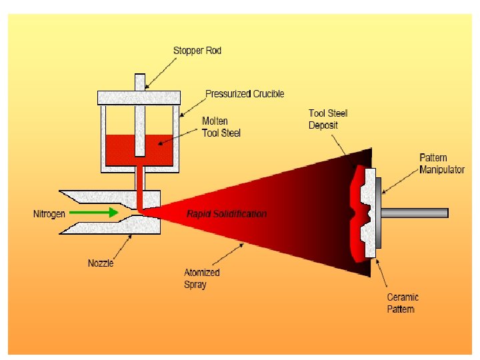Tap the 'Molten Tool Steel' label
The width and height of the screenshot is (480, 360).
tap(221, 127)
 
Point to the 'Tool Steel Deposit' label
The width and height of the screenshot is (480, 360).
tap(327, 119)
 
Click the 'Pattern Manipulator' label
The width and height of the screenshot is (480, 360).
tap(441, 163)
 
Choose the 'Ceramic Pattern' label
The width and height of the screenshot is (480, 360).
tap(403, 303)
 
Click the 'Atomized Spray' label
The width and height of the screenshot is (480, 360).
tap(201, 278)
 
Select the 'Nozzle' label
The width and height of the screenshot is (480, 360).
tap(101, 263)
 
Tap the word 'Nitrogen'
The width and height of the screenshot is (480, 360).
tap(49, 214)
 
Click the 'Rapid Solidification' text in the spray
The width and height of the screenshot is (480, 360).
tap(227, 214)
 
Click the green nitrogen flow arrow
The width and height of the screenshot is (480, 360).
tap(93, 213)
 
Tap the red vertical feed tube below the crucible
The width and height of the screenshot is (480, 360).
tap(140, 183)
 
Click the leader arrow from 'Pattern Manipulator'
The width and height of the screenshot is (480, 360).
tap(400, 183)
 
